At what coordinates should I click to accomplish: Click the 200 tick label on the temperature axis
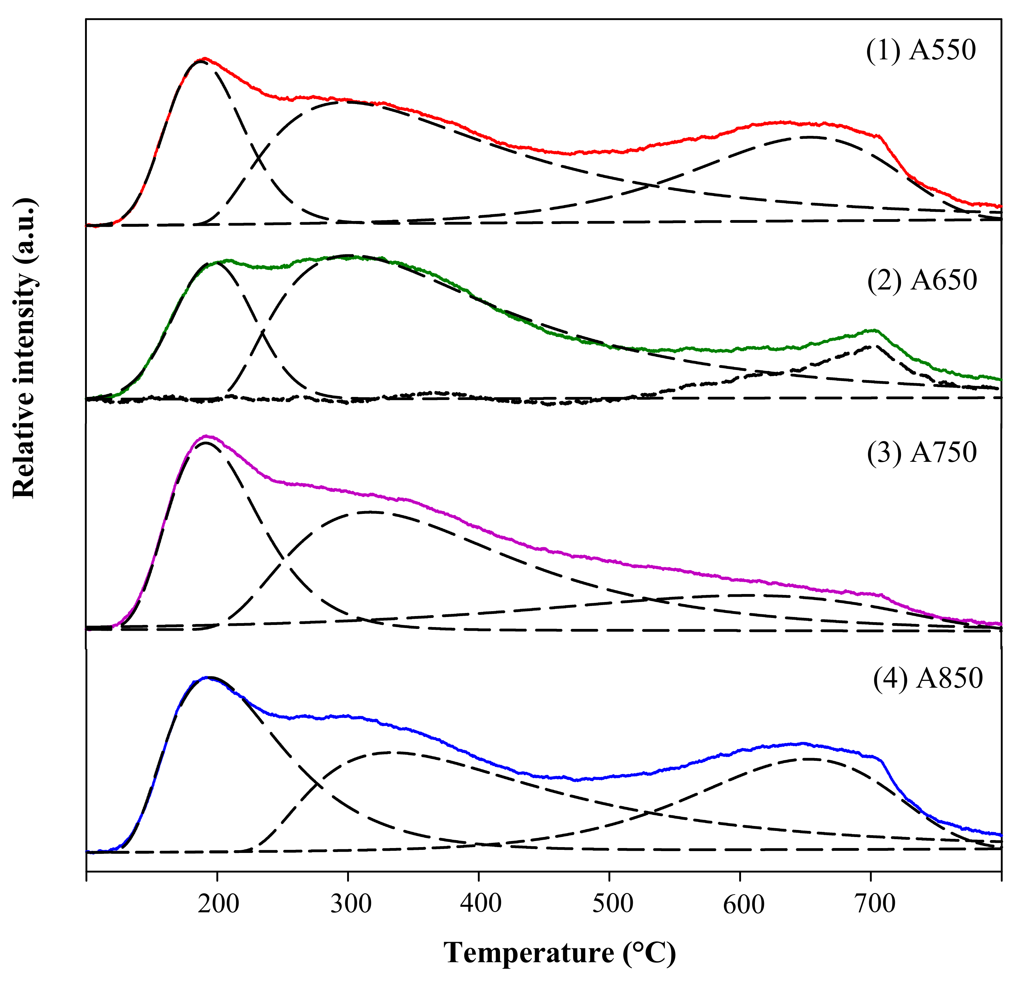(218, 904)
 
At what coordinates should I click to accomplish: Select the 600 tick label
(743, 904)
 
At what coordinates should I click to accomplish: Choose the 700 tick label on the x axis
(874, 904)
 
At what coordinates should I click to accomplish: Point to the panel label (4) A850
(928, 678)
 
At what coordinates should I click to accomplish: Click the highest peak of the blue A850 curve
(208, 678)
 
